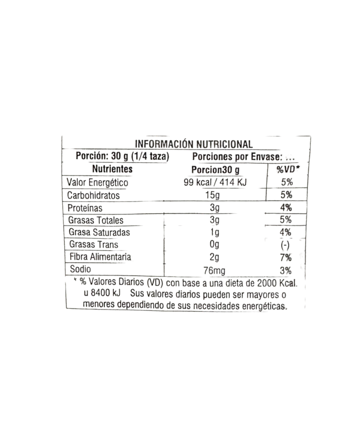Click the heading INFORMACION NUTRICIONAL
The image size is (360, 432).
[193, 143]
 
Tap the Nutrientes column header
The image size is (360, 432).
[112, 169]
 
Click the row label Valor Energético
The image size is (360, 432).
[96, 183]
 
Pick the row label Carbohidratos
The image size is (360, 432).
[94, 195]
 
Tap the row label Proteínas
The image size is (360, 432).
[85, 208]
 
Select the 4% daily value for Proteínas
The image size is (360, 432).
[287, 208]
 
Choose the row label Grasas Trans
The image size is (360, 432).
[94, 245]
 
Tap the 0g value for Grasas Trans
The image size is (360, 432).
[215, 245]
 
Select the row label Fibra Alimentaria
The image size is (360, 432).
[100, 257]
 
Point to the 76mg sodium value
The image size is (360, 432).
[215, 270]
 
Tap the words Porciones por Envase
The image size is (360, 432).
[236, 157]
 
